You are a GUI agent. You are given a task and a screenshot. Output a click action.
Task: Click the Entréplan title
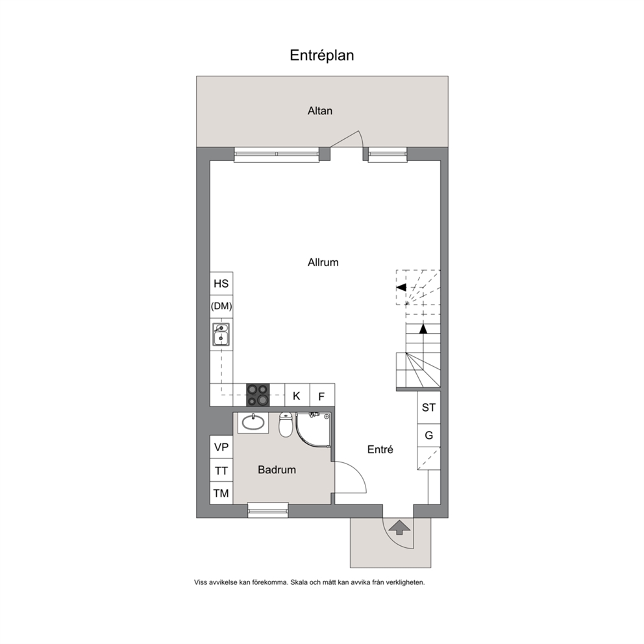coord(321,55)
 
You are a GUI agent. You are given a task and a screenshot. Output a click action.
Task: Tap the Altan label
coord(320,111)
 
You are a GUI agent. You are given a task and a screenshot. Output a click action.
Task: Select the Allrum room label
coord(323,262)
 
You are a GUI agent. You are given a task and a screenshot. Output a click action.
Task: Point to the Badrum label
coord(277,470)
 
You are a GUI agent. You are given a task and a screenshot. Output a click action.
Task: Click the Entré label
coord(380,449)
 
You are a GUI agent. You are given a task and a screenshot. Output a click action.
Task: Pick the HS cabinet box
coord(221,284)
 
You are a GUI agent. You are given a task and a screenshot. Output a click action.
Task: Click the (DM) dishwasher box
coord(221,306)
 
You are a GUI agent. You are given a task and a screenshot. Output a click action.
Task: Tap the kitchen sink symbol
coord(221,334)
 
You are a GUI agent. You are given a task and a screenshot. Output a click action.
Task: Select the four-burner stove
coord(258,395)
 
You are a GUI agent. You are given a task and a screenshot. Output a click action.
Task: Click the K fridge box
coord(297,395)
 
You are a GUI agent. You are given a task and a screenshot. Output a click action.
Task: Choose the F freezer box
coord(322,395)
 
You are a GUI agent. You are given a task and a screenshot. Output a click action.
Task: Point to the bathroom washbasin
coord(253,422)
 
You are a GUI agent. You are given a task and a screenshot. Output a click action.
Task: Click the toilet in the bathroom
coord(286,425)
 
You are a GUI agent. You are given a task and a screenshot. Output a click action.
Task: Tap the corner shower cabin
coord(313,430)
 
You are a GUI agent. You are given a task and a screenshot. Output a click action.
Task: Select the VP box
coord(221,447)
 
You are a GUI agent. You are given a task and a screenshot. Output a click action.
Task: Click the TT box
coord(221,470)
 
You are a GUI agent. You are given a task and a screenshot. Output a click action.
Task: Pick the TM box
coord(221,493)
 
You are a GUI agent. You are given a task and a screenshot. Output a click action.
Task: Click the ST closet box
coord(428,408)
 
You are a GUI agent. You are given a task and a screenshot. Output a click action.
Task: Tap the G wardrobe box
coord(428,435)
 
